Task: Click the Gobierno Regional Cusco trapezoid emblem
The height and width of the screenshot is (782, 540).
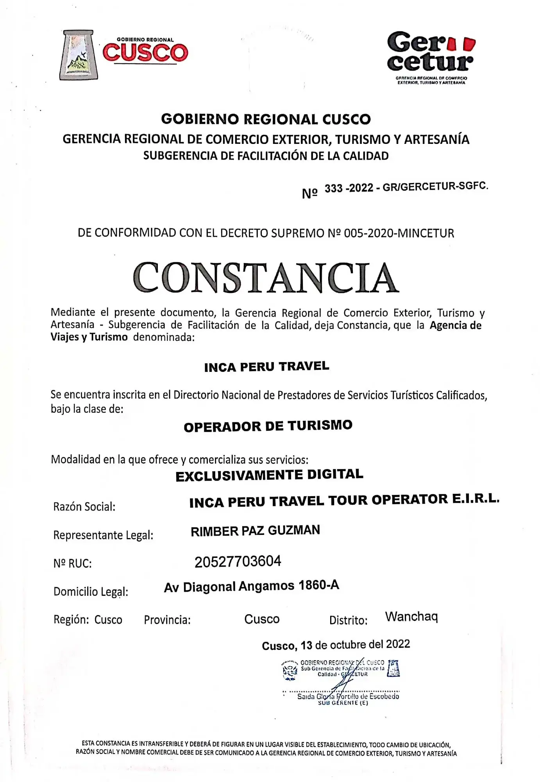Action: (x=79, y=55)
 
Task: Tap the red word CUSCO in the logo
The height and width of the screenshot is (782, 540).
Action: (x=145, y=53)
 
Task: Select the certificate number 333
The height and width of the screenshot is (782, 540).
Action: (x=333, y=188)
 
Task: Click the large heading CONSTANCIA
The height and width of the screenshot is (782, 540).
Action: (x=266, y=278)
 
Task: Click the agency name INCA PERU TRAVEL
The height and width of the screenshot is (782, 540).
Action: (x=266, y=367)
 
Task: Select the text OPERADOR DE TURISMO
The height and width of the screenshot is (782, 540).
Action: (x=268, y=426)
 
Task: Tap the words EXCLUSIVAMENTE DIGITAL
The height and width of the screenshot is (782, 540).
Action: (x=269, y=475)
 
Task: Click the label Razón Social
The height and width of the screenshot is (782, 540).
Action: (x=84, y=507)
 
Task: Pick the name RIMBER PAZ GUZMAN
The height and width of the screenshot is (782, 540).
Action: (x=255, y=531)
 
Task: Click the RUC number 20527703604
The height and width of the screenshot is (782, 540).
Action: (x=238, y=561)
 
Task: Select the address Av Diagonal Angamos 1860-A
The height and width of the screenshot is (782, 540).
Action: (x=251, y=586)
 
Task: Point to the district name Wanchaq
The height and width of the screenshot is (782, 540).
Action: (x=411, y=617)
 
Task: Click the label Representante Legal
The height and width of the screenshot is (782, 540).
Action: (x=103, y=535)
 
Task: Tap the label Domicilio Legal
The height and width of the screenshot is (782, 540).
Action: (x=91, y=592)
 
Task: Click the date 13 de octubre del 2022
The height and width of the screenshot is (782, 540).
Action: (x=355, y=645)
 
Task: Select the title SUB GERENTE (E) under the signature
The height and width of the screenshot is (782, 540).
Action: (x=343, y=703)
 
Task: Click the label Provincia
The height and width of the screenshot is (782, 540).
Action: (x=167, y=620)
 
